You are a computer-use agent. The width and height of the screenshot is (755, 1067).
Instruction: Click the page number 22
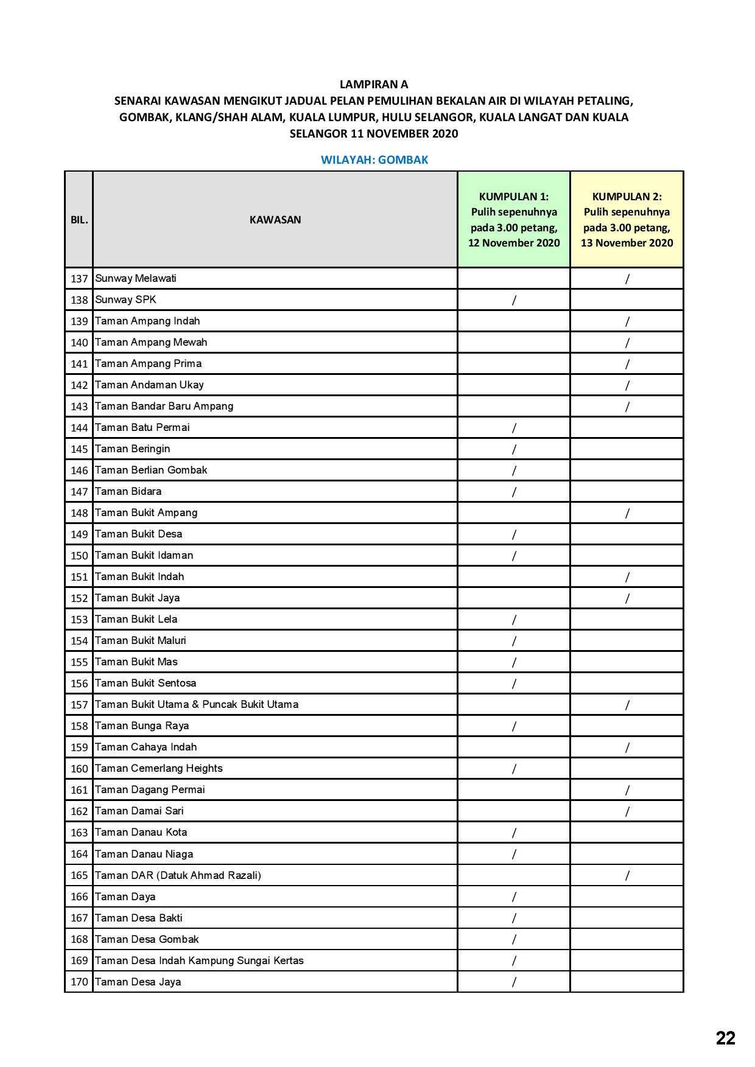(x=725, y=1038)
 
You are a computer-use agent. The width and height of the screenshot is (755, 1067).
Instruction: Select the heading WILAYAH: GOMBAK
(x=374, y=160)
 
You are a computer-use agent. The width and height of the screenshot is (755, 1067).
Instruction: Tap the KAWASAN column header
(x=275, y=220)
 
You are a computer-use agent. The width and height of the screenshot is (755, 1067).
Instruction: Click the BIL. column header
(x=79, y=220)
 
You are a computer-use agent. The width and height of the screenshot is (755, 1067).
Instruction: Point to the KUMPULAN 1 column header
(x=514, y=220)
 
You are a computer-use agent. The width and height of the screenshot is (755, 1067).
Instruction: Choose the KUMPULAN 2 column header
(x=627, y=220)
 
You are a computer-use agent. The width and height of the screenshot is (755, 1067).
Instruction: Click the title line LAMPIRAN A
(x=374, y=84)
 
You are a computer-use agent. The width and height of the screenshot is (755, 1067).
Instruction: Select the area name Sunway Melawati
(x=136, y=278)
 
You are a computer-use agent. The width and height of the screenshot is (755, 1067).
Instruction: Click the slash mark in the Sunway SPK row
(x=514, y=299)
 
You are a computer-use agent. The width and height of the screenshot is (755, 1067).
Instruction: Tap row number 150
(x=79, y=556)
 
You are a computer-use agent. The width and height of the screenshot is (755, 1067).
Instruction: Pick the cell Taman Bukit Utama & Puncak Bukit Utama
(x=197, y=704)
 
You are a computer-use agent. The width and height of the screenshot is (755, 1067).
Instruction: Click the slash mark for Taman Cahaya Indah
(x=627, y=747)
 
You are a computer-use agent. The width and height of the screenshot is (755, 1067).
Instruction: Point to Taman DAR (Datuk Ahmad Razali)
(x=178, y=875)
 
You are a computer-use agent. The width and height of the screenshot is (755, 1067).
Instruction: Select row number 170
(x=79, y=982)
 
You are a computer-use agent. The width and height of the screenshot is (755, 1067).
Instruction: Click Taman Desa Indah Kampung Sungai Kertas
(x=199, y=960)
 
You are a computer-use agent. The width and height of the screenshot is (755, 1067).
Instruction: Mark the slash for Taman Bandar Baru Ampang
(x=627, y=407)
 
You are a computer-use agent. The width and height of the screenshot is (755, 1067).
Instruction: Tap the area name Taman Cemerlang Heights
(x=159, y=768)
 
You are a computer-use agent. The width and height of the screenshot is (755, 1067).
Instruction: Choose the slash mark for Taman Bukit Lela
(x=514, y=620)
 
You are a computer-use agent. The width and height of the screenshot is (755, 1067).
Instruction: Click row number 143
(x=79, y=407)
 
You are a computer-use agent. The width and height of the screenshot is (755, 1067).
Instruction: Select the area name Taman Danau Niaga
(x=144, y=854)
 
